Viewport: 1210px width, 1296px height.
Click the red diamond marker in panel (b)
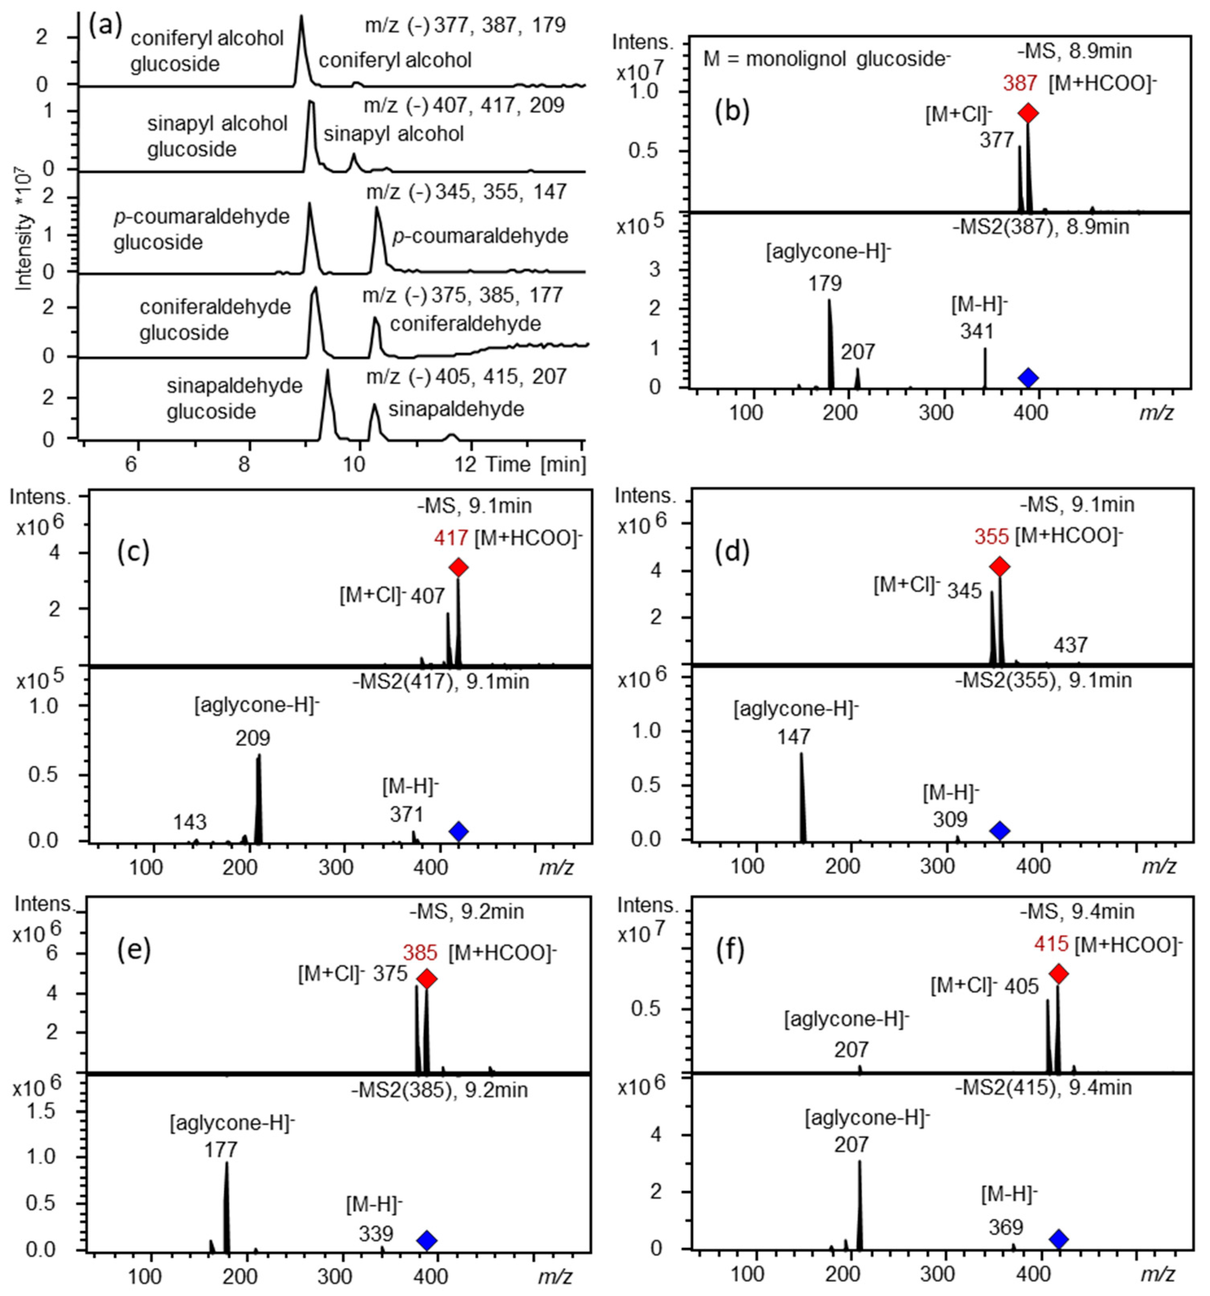point(1029,113)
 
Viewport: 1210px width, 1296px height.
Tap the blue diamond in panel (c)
point(458,831)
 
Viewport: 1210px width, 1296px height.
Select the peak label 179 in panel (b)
point(825,283)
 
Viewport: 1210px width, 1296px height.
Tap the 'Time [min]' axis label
point(534,464)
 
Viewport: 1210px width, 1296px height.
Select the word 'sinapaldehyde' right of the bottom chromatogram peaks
point(456,409)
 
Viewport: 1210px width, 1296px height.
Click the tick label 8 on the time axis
point(243,464)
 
